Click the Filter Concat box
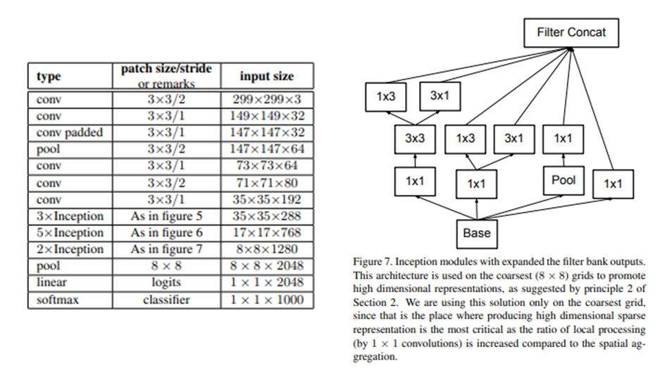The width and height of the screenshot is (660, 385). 571,32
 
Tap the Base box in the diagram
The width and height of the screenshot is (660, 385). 476,232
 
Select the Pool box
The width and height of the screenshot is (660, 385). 563,180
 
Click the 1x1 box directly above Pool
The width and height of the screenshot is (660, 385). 563,139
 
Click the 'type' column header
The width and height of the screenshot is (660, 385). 49,76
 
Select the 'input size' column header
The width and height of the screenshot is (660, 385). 266,76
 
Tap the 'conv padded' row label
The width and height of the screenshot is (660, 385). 69,132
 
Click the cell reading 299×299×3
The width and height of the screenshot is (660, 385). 266,99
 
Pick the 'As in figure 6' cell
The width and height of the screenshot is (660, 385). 166,232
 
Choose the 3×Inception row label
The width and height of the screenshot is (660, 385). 70,216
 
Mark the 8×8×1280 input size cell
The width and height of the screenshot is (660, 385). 266,249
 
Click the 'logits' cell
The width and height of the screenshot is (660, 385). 166,282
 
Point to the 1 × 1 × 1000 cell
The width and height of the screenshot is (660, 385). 266,299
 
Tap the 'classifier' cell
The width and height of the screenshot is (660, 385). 166,299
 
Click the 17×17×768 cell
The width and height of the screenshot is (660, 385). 266,232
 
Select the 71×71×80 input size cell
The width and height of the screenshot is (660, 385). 266,182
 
